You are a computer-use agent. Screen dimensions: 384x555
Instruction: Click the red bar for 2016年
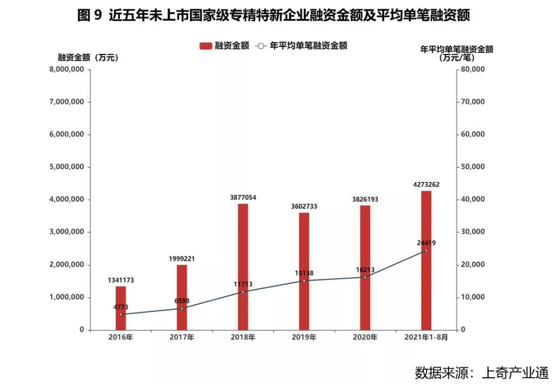click(x=121, y=308)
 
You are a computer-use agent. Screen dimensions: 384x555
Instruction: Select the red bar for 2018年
click(x=243, y=267)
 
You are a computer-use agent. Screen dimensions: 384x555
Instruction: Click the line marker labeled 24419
click(x=426, y=250)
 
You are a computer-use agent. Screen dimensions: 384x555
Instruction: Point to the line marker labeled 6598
click(x=182, y=308)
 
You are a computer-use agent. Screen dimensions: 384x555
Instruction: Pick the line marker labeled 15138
click(x=304, y=281)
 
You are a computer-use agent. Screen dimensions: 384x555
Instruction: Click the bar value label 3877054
click(x=243, y=197)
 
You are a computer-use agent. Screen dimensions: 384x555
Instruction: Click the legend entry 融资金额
click(x=225, y=46)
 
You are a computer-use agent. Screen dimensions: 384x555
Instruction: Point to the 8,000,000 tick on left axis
click(x=66, y=69)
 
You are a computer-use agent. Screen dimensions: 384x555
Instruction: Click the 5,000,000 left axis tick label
click(x=66, y=167)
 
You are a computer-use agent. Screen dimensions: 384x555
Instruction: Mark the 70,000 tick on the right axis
click(x=471, y=102)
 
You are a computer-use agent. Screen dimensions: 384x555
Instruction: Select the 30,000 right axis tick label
click(x=471, y=232)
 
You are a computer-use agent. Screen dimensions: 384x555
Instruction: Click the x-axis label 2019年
click(x=304, y=338)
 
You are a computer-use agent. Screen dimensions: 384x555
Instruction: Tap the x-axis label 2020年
click(x=365, y=338)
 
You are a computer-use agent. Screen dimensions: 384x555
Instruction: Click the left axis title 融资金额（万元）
click(x=88, y=58)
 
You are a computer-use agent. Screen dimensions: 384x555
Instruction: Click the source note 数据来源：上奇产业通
click(x=482, y=372)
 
